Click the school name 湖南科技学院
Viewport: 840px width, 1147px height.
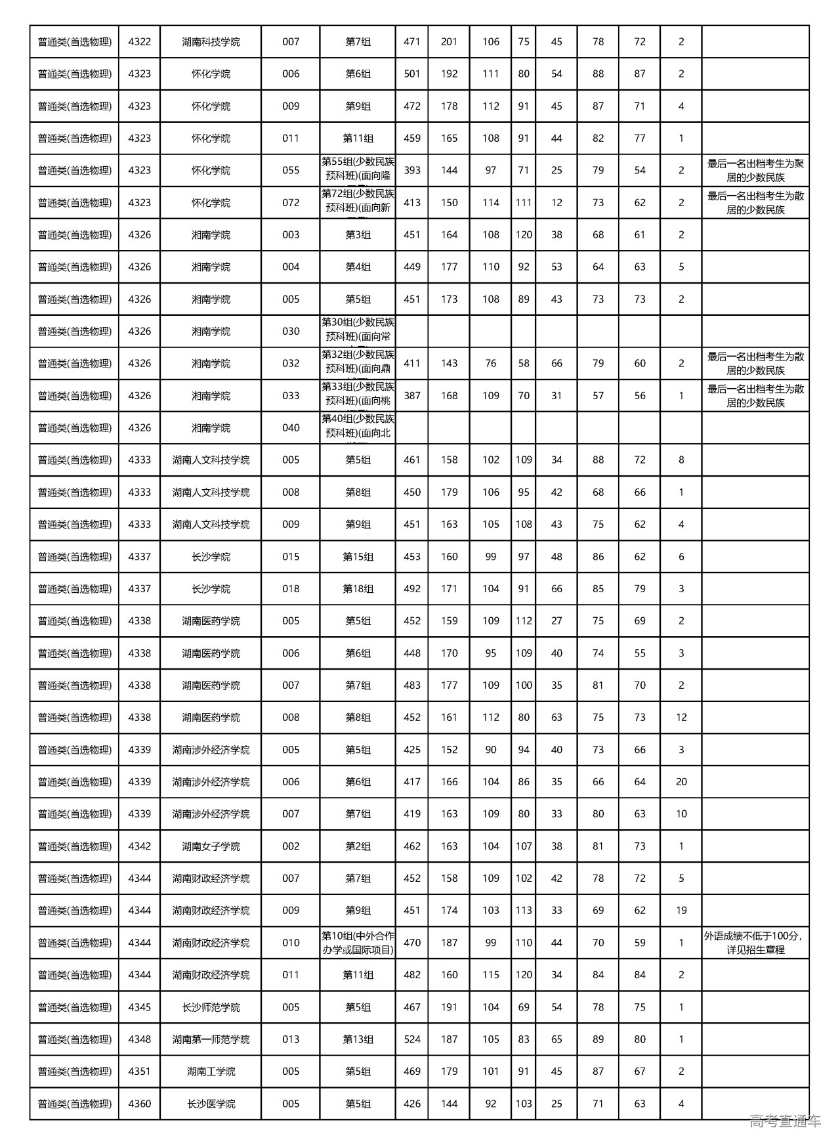(x=211, y=42)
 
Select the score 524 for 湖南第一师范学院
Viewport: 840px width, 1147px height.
(x=411, y=1039)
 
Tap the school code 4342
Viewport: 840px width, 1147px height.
(x=139, y=846)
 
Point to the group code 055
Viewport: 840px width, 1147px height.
(x=291, y=170)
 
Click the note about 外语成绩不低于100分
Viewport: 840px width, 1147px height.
(x=755, y=943)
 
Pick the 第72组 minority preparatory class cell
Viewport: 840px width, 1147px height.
(x=358, y=202)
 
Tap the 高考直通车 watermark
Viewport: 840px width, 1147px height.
(x=785, y=1121)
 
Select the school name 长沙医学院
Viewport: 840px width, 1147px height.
(x=211, y=1104)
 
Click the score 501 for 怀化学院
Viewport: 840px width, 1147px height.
(x=411, y=74)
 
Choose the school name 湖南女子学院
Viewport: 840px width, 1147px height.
(x=211, y=846)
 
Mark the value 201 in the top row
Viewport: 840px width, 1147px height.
(x=449, y=42)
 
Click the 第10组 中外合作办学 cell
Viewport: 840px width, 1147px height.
(x=358, y=943)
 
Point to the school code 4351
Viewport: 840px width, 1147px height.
(x=139, y=1071)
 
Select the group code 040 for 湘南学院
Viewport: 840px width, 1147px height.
(x=291, y=428)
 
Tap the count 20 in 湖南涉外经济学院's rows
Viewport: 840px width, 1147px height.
(x=681, y=782)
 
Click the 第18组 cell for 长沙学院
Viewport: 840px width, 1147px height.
(x=358, y=589)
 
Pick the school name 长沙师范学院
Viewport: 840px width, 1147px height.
(x=211, y=1007)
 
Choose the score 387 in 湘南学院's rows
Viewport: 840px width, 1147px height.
(x=411, y=396)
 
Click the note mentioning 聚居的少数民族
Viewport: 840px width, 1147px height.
(x=755, y=170)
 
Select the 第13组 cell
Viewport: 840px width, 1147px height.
(x=358, y=1039)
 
